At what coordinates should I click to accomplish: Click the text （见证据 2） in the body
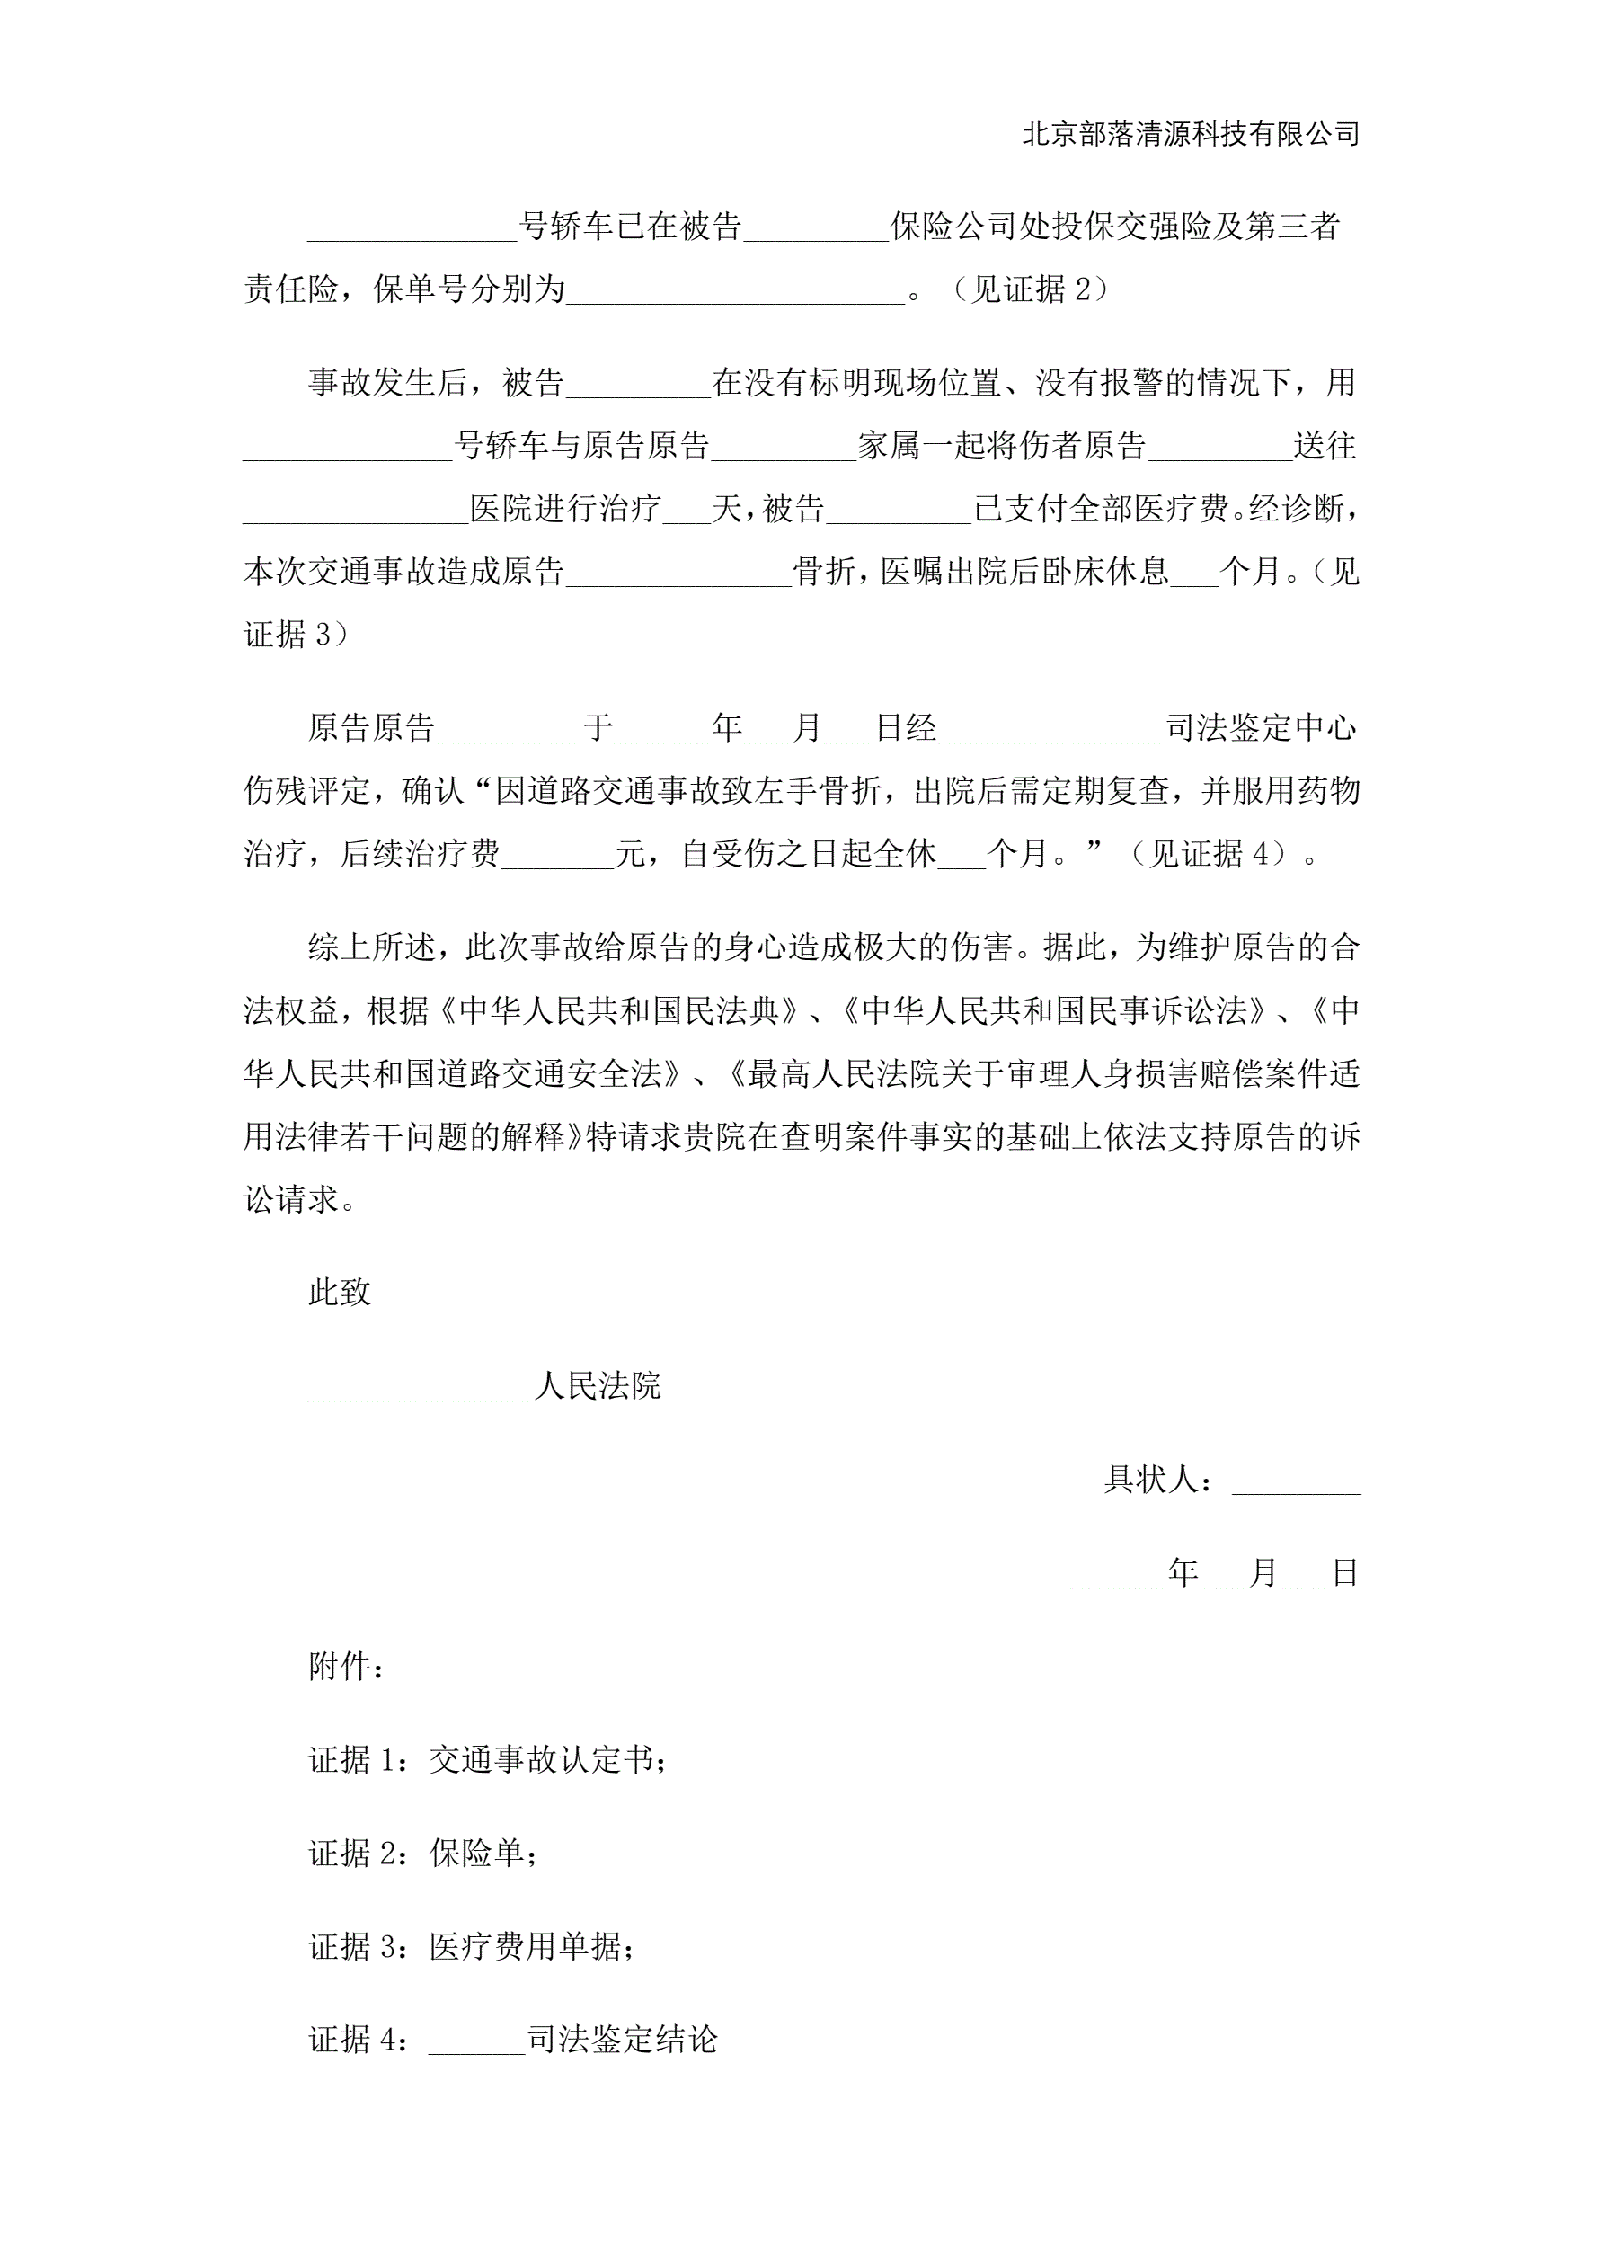(1030, 289)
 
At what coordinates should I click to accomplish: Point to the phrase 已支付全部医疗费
(1102, 509)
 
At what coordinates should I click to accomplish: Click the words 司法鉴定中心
(1262, 728)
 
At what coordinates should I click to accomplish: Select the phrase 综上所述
(371, 947)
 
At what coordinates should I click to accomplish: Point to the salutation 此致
(340, 1292)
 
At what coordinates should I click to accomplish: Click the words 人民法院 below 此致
(598, 1386)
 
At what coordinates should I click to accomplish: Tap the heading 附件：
(346, 1667)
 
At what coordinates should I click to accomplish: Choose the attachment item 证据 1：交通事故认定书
(488, 1759)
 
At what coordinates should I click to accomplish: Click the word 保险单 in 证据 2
(477, 1853)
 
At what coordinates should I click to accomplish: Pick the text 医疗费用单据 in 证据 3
(525, 1947)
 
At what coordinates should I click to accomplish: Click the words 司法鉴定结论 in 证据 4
(622, 2041)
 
